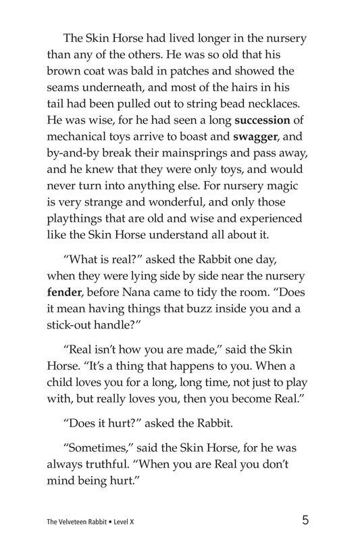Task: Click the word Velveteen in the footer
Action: pos(75,522)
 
